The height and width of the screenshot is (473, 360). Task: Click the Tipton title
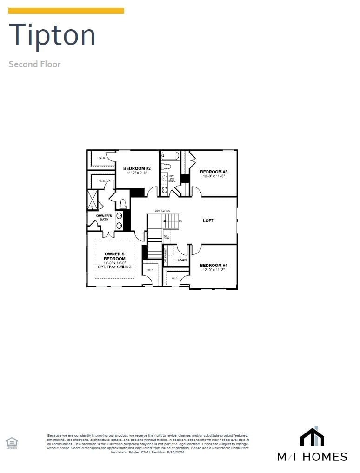(52, 35)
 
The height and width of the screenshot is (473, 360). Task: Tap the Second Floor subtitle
(34, 64)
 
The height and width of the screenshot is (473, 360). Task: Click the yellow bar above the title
(66, 11)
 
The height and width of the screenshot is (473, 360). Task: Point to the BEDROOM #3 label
(213, 172)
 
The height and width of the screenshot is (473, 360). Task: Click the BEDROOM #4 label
(213, 265)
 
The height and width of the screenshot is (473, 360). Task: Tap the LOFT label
(208, 220)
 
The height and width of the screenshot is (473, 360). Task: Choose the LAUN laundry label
(182, 260)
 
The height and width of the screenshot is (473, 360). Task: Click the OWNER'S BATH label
(104, 218)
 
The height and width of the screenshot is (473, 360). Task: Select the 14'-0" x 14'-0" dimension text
(114, 263)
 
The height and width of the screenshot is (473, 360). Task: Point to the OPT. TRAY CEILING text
(114, 267)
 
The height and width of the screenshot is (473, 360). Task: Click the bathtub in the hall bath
(170, 156)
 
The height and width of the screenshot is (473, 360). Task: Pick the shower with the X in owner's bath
(92, 200)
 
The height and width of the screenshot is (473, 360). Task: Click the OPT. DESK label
(166, 237)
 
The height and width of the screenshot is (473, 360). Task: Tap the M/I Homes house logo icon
(312, 437)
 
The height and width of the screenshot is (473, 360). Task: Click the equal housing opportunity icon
(11, 442)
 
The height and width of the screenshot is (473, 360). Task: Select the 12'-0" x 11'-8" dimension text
(213, 176)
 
